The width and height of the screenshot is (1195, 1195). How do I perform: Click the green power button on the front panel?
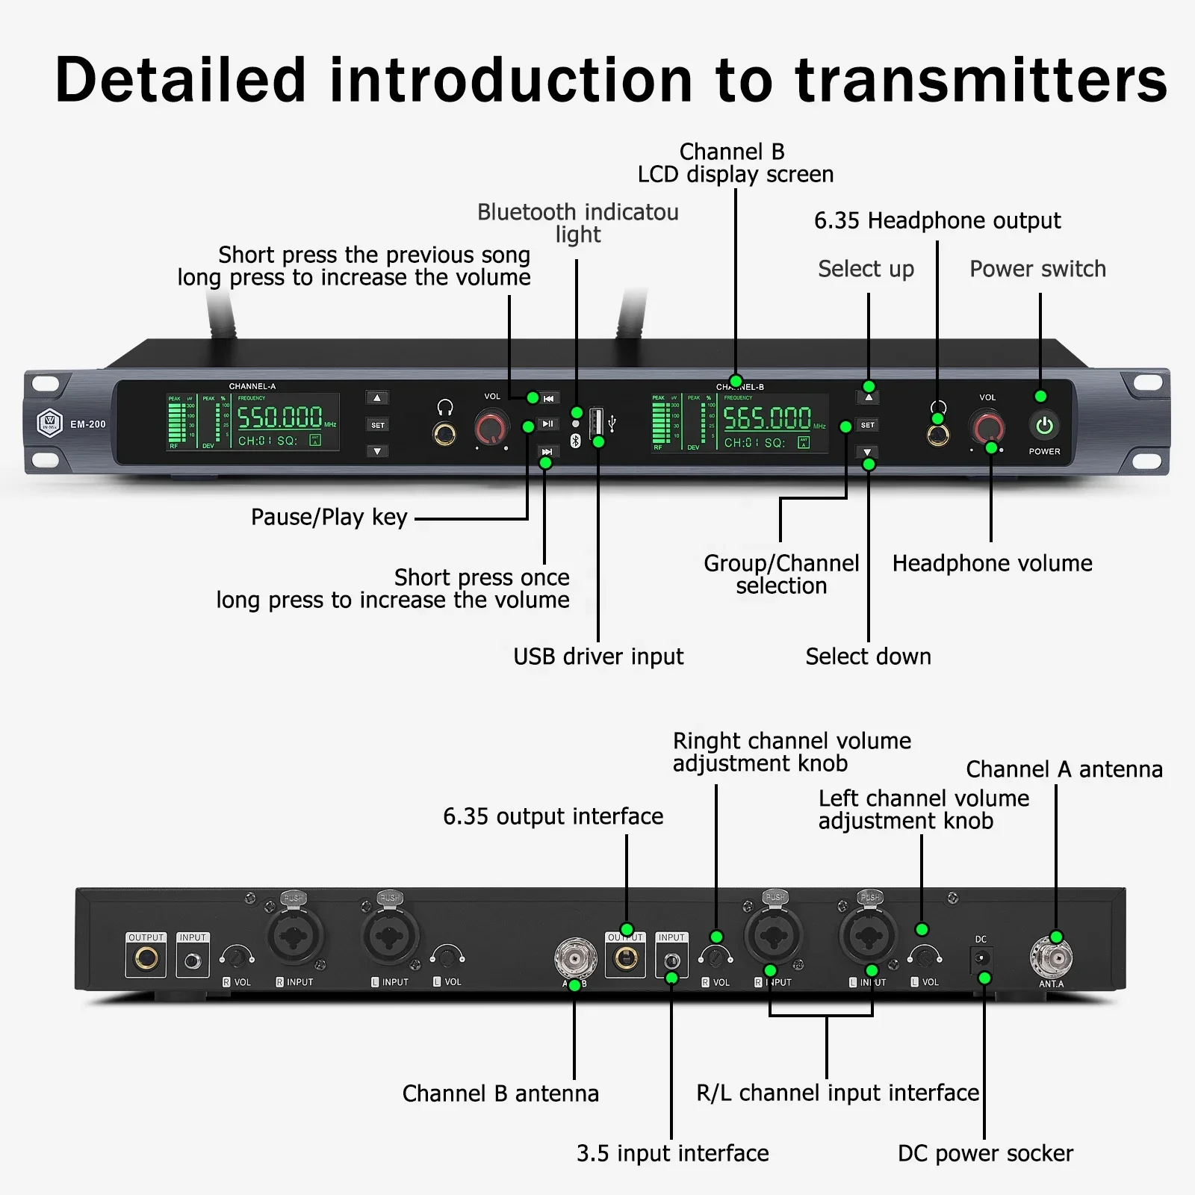coord(1044,426)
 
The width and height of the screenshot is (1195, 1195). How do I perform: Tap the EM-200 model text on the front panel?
coord(88,424)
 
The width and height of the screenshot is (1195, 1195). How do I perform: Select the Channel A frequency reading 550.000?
coord(280,417)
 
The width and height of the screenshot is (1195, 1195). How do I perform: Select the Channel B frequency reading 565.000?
coord(767,418)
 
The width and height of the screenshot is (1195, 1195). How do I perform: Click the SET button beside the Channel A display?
coord(378,425)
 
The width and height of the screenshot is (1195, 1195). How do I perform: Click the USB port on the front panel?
coord(596,423)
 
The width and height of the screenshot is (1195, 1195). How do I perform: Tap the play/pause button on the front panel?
coord(548,424)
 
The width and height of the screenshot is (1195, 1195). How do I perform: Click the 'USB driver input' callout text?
coord(597,657)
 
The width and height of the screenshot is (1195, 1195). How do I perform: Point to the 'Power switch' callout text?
coord(1037,269)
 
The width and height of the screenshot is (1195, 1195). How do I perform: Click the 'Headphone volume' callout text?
coord(992,563)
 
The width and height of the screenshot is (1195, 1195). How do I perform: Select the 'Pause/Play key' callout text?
coord(329,517)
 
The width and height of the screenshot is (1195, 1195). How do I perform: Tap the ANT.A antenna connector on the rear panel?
coord(1051,957)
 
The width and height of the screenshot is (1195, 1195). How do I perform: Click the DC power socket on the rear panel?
coord(981,957)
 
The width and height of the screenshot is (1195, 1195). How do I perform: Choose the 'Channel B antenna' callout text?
coord(500,1093)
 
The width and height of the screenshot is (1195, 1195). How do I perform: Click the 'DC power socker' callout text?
coord(984,1153)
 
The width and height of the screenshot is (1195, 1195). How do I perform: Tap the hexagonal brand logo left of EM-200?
coord(50,423)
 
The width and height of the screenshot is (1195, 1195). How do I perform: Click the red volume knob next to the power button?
coord(987,427)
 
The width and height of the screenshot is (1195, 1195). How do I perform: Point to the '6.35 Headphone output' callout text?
coord(937,221)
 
